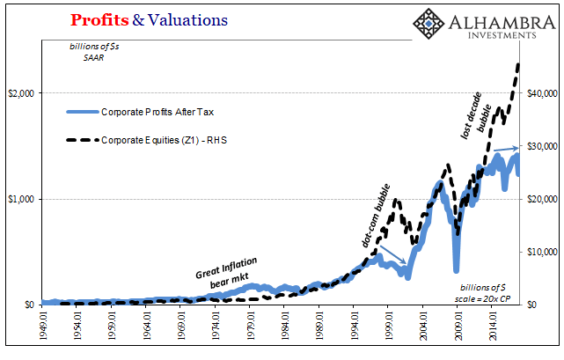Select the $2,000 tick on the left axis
point(22,93)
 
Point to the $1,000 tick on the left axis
point(22,199)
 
